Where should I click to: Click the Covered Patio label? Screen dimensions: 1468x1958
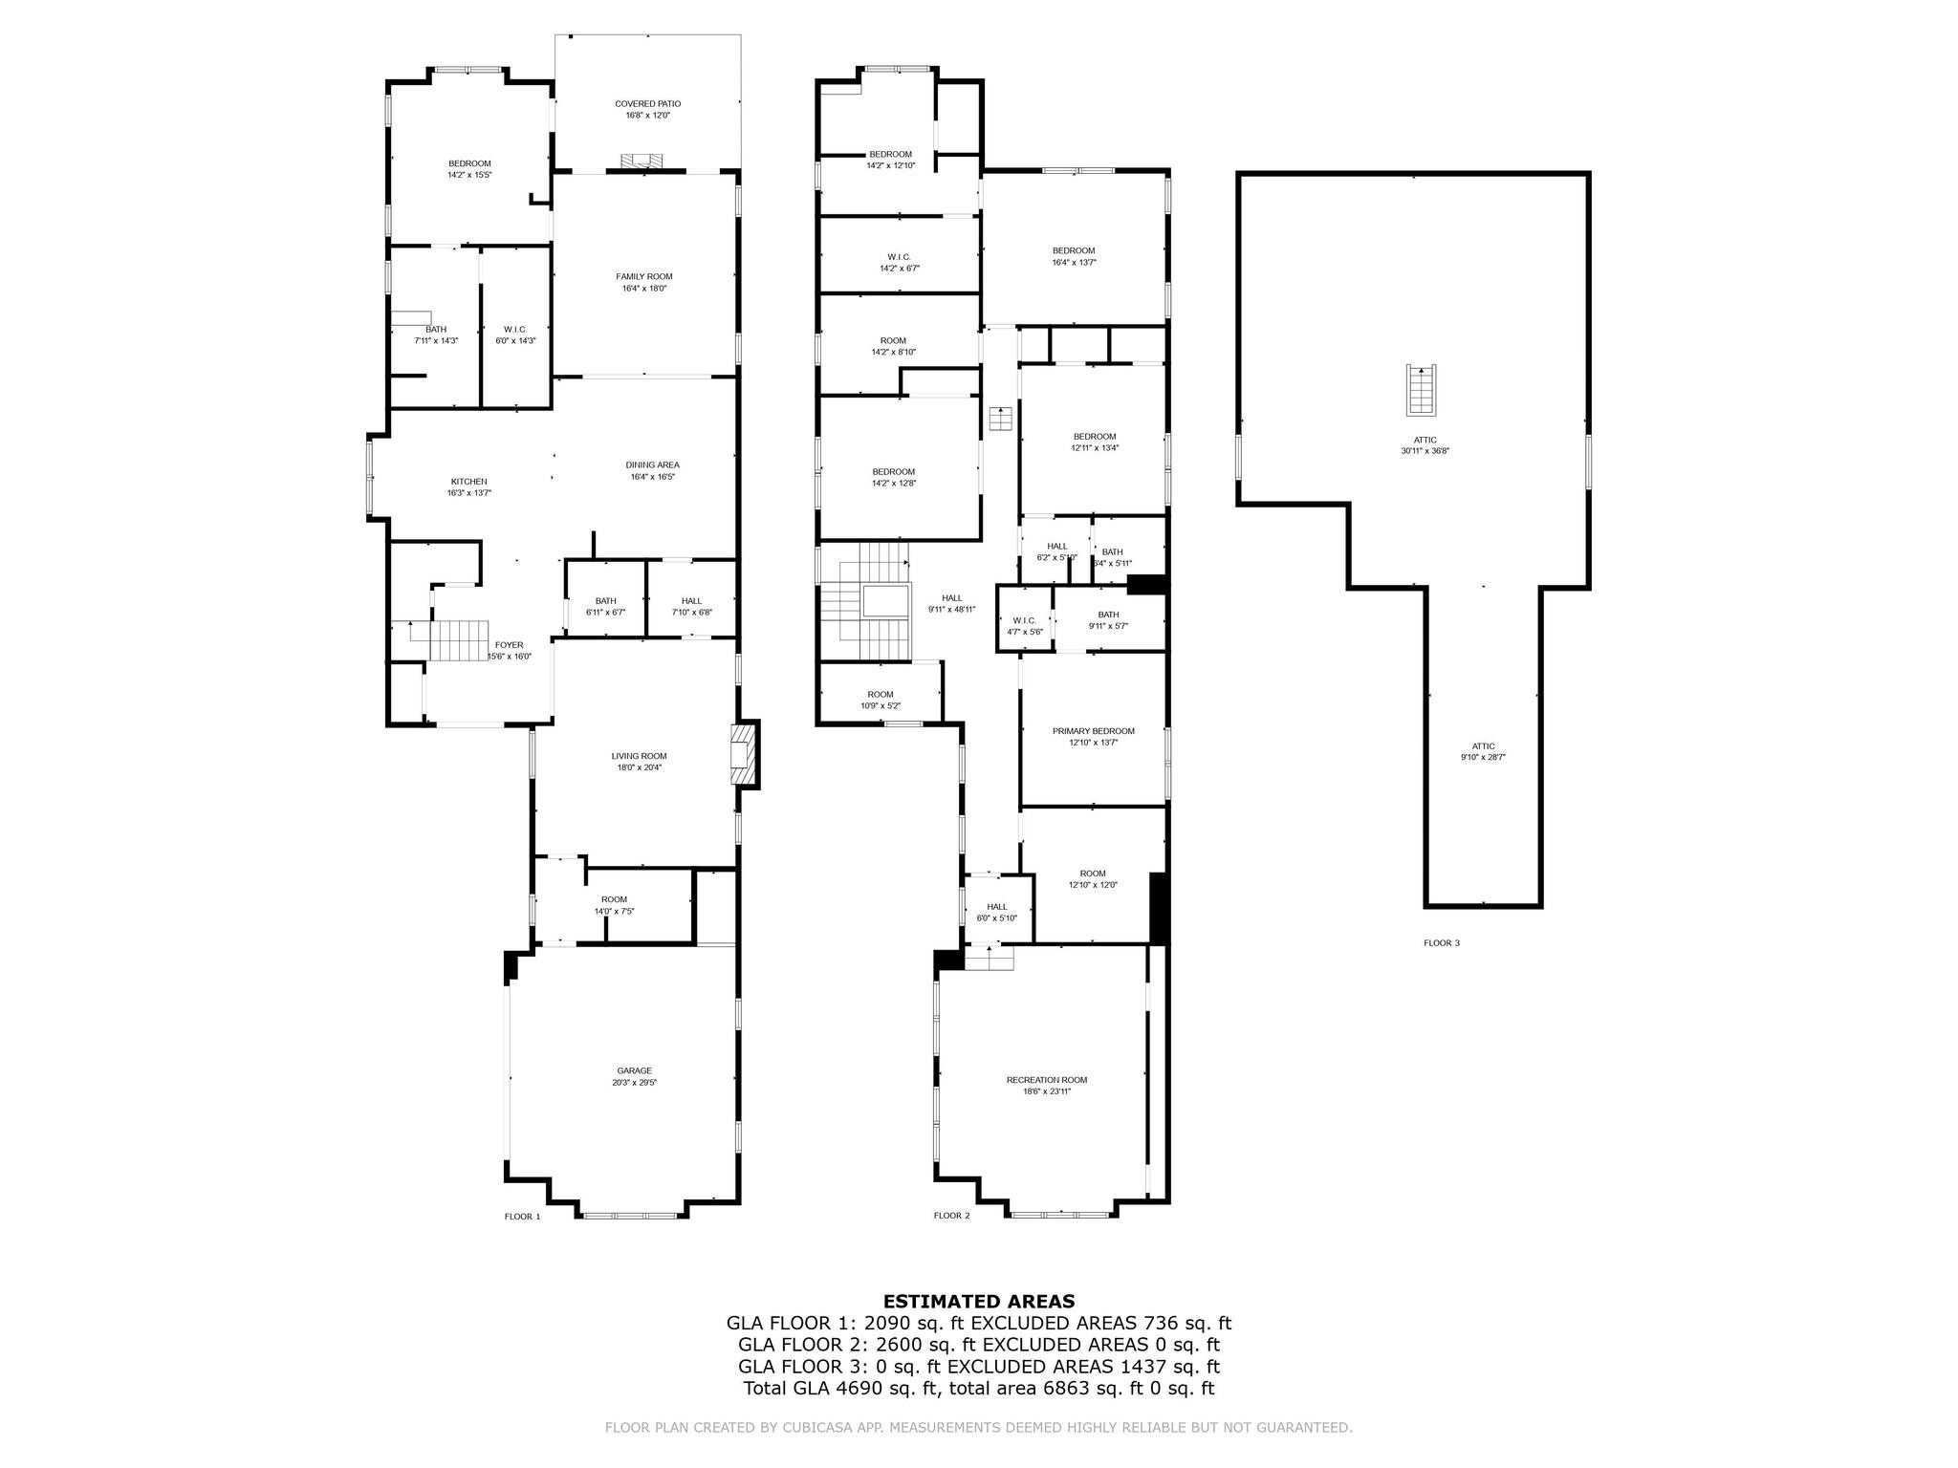click(647, 103)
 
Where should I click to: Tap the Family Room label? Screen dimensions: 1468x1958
click(643, 276)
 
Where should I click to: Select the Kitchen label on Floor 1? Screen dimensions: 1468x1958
click(468, 482)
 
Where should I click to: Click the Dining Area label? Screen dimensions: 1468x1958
click(652, 465)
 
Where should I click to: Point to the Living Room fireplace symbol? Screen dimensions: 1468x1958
click(742, 755)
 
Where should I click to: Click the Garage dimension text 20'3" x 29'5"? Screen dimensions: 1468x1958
click(634, 1083)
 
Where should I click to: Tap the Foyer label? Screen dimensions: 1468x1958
click(509, 645)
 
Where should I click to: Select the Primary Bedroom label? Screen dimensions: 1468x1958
click(1093, 731)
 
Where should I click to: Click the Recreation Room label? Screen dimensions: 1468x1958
click(1046, 1080)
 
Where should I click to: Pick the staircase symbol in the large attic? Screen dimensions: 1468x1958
click(1420, 390)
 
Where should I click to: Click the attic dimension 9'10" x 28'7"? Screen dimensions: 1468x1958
click(1483, 757)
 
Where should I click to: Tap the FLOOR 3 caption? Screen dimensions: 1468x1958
click(1441, 943)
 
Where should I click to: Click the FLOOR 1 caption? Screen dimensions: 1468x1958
click(522, 1217)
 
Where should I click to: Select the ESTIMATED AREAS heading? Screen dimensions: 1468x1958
click(978, 1301)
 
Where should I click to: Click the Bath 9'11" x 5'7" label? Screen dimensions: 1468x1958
click(1108, 615)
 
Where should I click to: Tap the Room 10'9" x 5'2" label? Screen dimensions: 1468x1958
click(880, 695)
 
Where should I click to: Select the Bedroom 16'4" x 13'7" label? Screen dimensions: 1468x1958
click(1073, 250)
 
